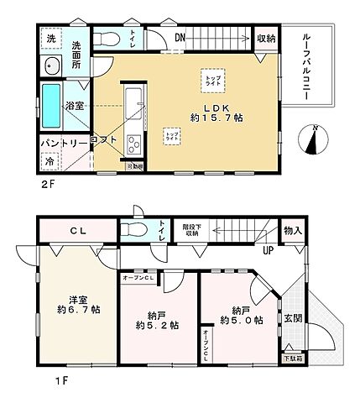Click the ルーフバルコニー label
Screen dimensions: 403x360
(306, 67)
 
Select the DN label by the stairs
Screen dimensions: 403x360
(180, 38)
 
